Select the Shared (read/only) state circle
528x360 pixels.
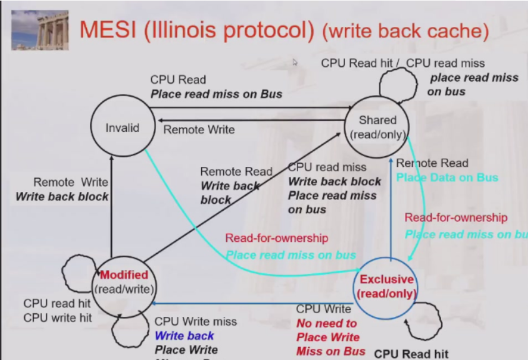377,127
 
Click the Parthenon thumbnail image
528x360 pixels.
40,29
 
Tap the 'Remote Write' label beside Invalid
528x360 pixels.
199,129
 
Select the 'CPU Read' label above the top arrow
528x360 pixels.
177,80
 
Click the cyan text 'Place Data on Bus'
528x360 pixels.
447,177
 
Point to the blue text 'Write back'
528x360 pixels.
184,336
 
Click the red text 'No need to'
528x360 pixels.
326,323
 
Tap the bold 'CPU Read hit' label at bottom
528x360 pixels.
411,354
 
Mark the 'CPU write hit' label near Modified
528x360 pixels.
57,317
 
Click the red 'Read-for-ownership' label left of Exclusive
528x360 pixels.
276,237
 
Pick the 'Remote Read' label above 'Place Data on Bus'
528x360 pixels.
432,163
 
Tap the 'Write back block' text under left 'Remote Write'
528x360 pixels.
62,196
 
